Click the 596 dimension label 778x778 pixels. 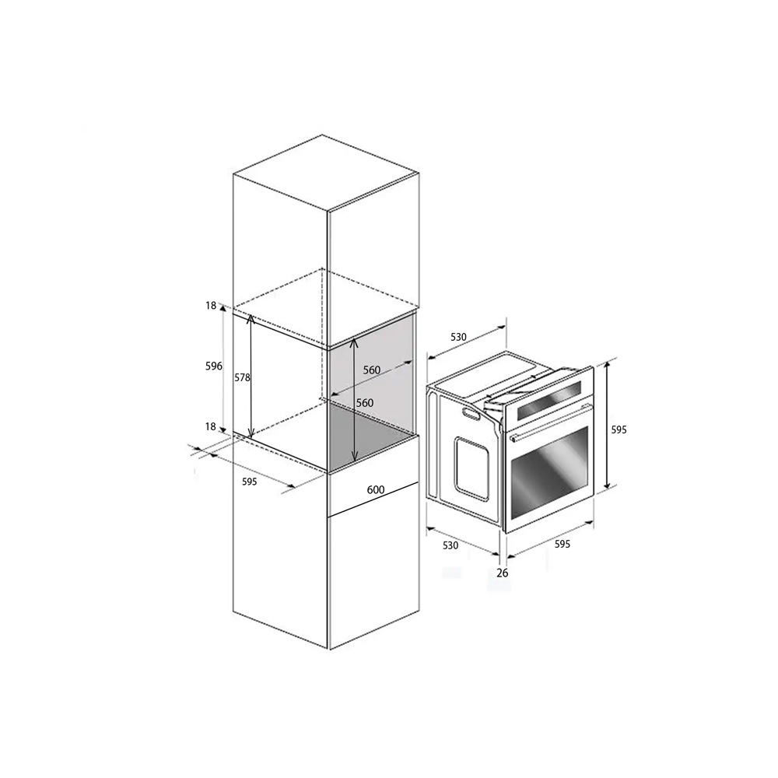click(214, 366)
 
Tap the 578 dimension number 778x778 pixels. click(242, 377)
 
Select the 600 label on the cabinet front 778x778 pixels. click(376, 489)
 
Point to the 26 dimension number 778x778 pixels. click(503, 573)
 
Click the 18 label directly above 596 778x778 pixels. click(212, 306)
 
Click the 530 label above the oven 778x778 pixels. click(458, 337)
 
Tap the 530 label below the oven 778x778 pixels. click(450, 545)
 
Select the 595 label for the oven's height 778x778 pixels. click(619, 429)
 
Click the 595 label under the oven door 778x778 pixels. click(562, 545)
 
